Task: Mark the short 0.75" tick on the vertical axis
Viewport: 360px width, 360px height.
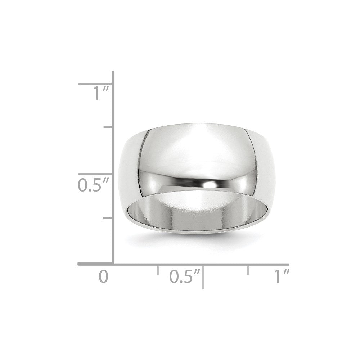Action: pos(108,127)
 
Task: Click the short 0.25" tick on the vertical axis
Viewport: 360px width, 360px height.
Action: pos(108,218)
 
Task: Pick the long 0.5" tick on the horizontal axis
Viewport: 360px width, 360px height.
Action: pos(203,276)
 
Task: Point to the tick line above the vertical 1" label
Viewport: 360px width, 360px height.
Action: pos(96,84)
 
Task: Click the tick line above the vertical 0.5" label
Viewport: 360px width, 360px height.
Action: pos(96,174)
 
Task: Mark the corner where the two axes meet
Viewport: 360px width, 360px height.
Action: pos(113,264)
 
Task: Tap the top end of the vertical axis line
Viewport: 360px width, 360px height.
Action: pos(113,72)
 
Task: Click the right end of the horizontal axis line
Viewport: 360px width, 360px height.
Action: pos(288,264)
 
